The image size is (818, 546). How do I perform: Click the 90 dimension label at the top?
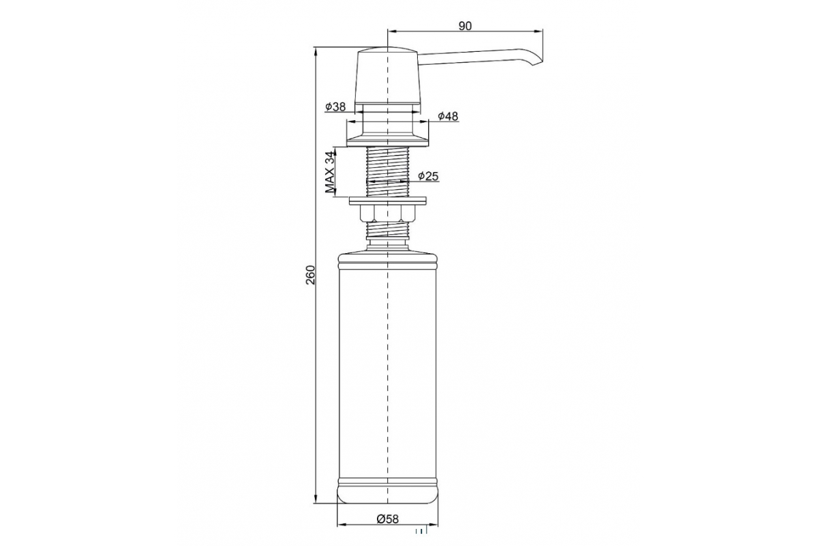coord(465,26)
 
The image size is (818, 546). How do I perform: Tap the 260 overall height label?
coord(310,275)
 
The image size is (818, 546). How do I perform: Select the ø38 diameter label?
coord(335,106)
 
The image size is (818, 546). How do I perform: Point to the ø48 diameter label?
coord(448,116)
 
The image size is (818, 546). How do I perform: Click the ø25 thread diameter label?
coord(428,176)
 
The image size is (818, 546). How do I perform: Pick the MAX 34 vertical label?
coord(330,172)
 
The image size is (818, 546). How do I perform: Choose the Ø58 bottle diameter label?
coord(387,519)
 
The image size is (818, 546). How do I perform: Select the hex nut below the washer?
coord(387,214)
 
